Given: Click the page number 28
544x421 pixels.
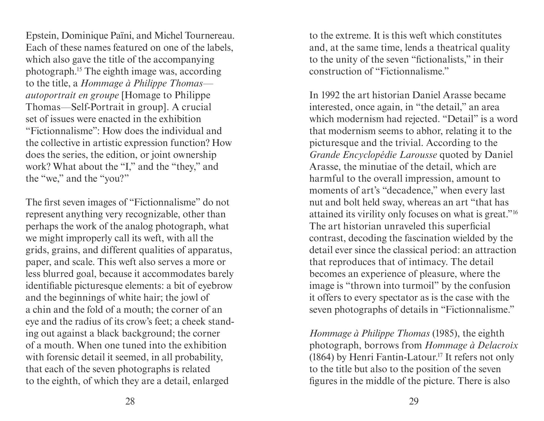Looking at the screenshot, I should (x=130, y=402).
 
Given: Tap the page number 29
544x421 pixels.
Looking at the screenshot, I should (x=414, y=402).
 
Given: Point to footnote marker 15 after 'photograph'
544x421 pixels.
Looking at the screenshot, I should (x=79, y=69).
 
